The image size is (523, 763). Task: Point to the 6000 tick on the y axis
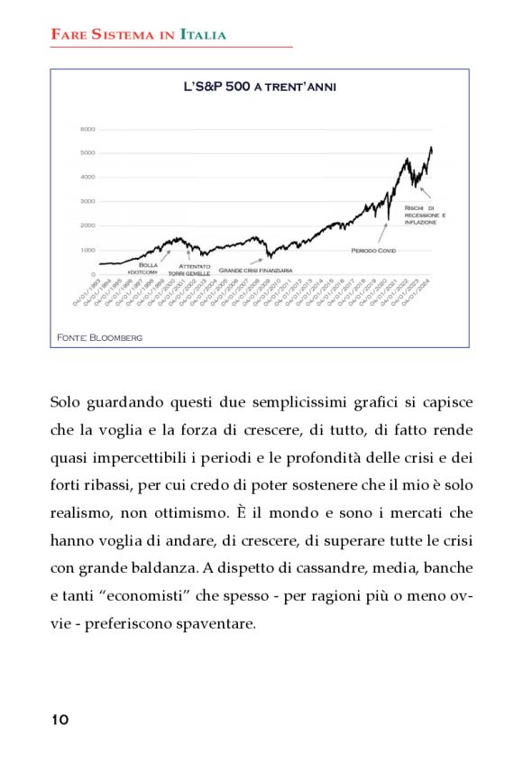point(87,129)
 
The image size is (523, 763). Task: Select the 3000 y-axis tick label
point(87,201)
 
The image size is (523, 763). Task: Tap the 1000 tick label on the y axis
point(87,250)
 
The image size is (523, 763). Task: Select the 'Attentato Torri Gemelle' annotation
point(196,270)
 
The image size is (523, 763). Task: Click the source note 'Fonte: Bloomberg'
point(100,336)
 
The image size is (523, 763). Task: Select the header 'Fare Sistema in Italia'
point(138,35)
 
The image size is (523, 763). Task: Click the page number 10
point(60,719)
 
